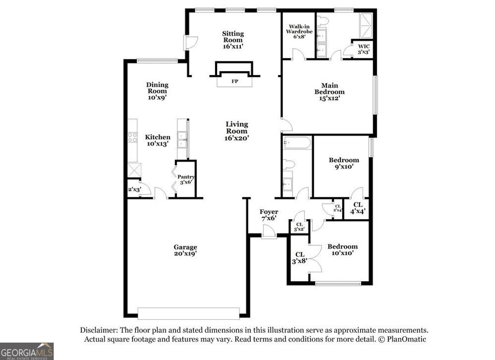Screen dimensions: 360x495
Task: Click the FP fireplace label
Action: (235, 81)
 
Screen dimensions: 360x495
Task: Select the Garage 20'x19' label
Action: (185, 250)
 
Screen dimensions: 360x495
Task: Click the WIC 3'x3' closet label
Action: (364, 49)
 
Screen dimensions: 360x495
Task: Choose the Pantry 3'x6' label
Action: (186, 180)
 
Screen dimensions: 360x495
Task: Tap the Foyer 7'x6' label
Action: (269, 215)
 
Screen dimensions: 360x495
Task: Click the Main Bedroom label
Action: (329, 91)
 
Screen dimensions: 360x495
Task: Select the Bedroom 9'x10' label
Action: (344, 164)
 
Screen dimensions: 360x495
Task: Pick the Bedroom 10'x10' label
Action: (342, 250)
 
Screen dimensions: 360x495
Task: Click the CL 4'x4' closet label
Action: (358, 208)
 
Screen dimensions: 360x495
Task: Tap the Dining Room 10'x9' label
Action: (158, 91)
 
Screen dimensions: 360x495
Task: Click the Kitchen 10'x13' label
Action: (158, 140)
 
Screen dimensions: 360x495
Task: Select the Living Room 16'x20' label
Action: (236, 131)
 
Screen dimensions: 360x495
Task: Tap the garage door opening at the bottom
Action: (188, 313)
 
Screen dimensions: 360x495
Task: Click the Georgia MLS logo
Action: (27, 351)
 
